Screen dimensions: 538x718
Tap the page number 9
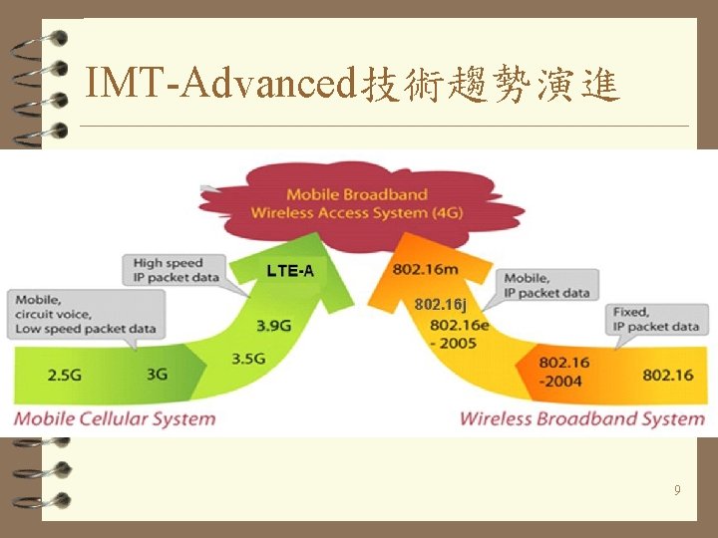pyautogui.click(x=677, y=490)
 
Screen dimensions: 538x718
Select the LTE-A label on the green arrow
pyautogui.click(x=290, y=271)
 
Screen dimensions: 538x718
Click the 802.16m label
pyautogui.click(x=426, y=269)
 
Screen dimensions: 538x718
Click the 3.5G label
pyautogui.click(x=249, y=359)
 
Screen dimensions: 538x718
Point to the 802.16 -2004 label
pyautogui.click(x=563, y=370)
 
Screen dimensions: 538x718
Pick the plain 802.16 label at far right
pyautogui.click(x=668, y=375)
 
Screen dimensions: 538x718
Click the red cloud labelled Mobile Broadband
pyautogui.click(x=357, y=204)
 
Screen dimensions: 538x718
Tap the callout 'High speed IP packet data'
pyautogui.click(x=177, y=270)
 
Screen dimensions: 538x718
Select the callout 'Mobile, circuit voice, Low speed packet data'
pyautogui.click(x=86, y=313)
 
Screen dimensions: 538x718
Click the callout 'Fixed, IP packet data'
pyautogui.click(x=656, y=319)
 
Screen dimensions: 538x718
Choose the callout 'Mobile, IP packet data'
pyautogui.click(x=546, y=285)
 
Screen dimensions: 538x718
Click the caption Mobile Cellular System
pyautogui.click(x=115, y=417)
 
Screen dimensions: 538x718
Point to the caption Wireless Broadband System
pyautogui.click(x=581, y=418)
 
